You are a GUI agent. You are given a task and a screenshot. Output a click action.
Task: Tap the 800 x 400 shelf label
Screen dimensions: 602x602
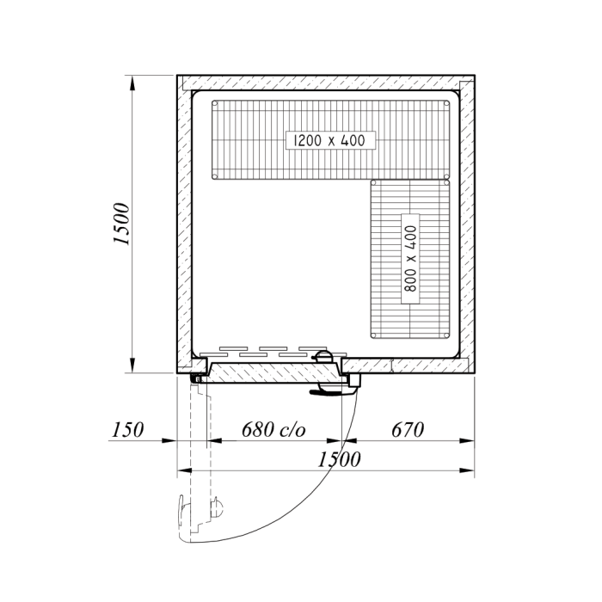pyautogui.click(x=410, y=260)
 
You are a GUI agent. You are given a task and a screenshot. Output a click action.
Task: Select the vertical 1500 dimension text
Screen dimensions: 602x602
pyautogui.click(x=121, y=225)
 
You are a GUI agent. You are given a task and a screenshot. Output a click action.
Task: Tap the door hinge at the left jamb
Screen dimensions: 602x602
pyautogui.click(x=198, y=377)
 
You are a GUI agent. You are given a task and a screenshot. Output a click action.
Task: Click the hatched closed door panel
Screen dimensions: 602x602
pyautogui.click(x=275, y=372)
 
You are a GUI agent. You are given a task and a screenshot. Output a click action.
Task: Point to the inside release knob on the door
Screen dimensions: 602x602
pyautogui.click(x=323, y=355)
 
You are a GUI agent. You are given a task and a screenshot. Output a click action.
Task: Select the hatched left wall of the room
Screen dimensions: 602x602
pyautogui.click(x=183, y=224)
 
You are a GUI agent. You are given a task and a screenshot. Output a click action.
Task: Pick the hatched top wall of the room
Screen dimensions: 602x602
pyautogui.click(x=327, y=82)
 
